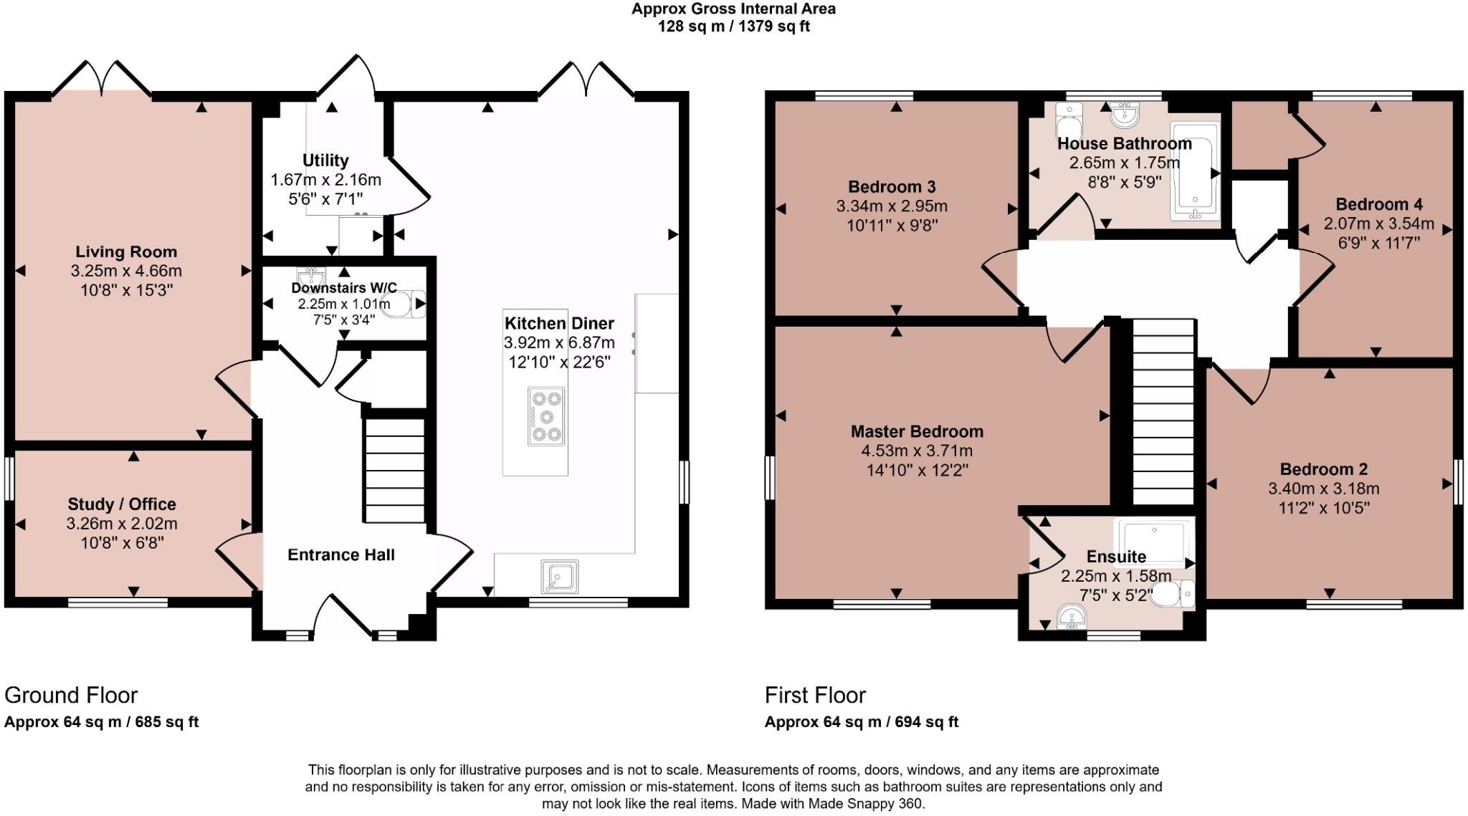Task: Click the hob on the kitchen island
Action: tap(546, 416)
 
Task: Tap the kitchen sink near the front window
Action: tap(560, 577)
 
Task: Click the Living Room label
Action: tap(126, 252)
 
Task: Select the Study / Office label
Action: tap(122, 504)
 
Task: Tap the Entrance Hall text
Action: tap(341, 555)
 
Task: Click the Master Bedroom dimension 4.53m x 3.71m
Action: tap(917, 451)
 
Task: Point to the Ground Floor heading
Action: tap(71, 695)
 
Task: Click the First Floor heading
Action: tap(815, 695)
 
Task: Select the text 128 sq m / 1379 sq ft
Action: tap(733, 27)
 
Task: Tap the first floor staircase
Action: tap(1163, 413)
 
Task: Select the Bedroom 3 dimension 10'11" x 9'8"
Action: tap(892, 225)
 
